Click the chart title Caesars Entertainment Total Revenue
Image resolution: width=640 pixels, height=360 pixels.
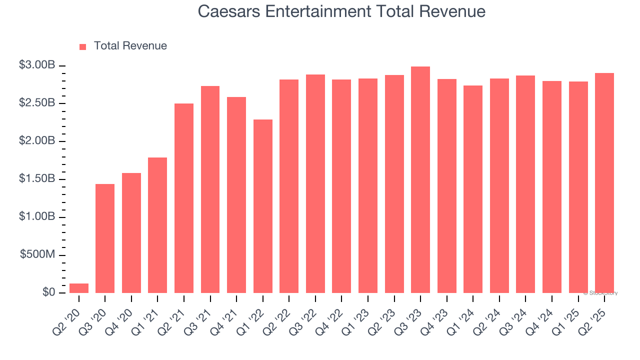pos(341,11)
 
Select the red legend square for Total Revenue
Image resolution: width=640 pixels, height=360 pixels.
pos(83,46)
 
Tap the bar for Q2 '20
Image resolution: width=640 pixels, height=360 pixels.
pos(79,288)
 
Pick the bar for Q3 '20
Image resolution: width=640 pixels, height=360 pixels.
pos(105,238)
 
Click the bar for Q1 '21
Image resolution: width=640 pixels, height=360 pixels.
pos(157,225)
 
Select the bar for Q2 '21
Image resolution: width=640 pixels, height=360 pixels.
pos(184,198)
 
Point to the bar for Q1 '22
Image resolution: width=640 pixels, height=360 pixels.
pos(263,206)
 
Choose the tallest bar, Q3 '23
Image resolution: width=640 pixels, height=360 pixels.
pos(420,180)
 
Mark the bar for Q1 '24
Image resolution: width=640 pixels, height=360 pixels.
pos(473,189)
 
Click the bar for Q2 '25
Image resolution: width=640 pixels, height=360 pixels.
pos(604,183)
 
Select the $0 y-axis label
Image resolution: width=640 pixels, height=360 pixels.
pos(49,292)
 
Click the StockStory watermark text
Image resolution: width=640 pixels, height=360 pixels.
pos(600,293)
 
